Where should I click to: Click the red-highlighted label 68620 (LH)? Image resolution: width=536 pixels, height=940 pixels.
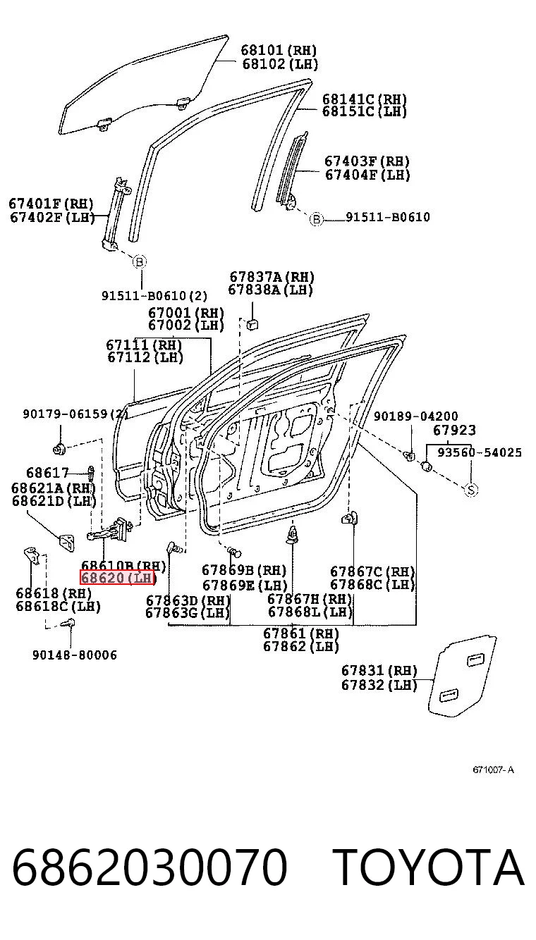coord(118,578)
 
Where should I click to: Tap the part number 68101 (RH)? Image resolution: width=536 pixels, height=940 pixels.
coord(279,50)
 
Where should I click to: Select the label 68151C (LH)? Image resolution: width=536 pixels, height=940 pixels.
coord(365,111)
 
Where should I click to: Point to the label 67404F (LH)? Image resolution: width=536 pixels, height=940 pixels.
coord(367,175)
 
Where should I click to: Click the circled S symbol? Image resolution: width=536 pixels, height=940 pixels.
coord(470,490)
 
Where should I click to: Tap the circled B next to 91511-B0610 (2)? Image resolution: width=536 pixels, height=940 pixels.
coord(140,262)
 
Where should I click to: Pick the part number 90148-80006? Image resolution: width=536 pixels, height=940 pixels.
coord(75,655)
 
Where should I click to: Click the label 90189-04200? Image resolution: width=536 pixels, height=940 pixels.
coord(416,416)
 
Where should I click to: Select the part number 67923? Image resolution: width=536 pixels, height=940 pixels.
coord(454,430)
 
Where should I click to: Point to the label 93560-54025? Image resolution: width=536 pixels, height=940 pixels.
coord(480,452)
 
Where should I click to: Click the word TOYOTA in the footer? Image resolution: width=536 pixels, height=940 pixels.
coord(429,867)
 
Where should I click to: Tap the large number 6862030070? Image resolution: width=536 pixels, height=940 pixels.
coord(150,867)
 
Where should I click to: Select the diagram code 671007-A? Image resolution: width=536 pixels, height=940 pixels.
coord(493,769)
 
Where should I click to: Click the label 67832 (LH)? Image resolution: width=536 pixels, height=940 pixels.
coord(379,685)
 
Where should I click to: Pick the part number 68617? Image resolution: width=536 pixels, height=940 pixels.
coord(47,473)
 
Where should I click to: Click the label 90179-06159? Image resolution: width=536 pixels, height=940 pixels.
coord(65,414)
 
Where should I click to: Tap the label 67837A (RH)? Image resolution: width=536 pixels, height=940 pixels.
coord(272,277)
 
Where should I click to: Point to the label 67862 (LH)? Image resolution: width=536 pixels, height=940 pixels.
coord(300,646)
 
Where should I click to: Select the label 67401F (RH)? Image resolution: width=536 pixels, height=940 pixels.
coord(51,204)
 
